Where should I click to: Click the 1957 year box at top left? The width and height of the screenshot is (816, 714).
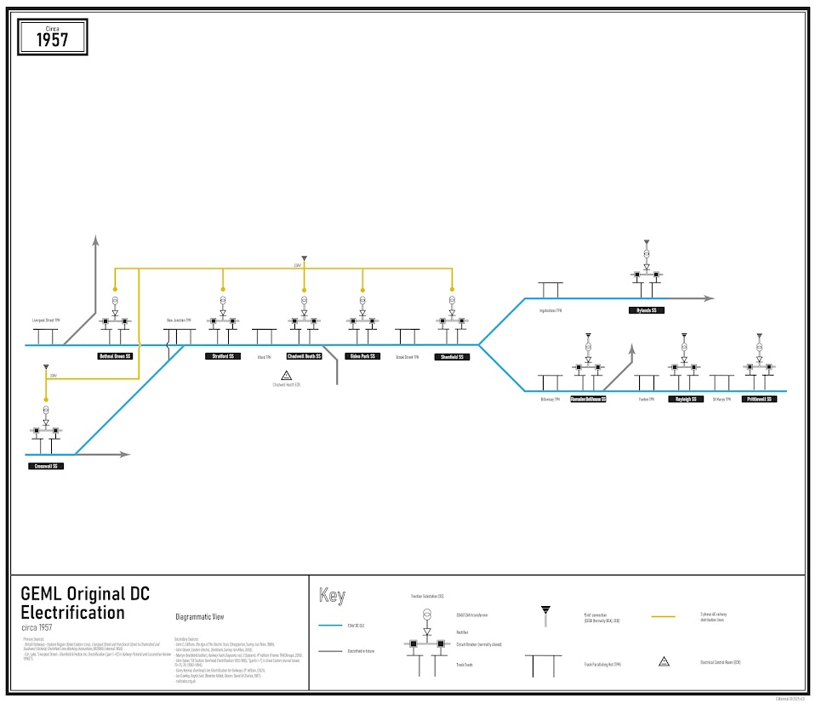pos(53,37)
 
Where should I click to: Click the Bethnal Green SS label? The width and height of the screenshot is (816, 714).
pos(115,356)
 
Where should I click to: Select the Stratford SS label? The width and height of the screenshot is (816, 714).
pos(224,356)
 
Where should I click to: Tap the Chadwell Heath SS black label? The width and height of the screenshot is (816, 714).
pos(304,356)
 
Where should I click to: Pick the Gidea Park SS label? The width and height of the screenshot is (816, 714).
pos(362,356)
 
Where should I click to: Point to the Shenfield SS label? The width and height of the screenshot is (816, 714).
pos(452,357)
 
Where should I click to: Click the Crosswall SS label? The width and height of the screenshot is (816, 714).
pos(45,466)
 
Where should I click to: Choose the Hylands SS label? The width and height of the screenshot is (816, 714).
pos(647,310)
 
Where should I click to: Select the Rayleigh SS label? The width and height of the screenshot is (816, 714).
pos(685,399)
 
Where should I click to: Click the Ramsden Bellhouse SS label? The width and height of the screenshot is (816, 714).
pos(586,399)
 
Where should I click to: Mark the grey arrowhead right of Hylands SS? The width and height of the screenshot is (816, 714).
pos(709,298)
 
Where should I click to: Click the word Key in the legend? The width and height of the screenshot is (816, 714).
pos(332,596)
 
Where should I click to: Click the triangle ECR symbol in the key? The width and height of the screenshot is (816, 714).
pos(661,660)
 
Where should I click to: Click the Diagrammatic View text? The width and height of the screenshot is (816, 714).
pos(199,617)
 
